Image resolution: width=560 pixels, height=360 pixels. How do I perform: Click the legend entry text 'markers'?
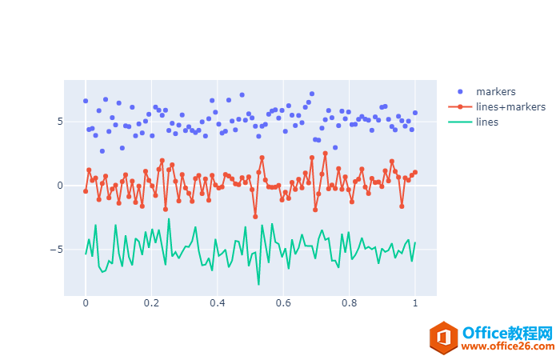[x=495, y=91]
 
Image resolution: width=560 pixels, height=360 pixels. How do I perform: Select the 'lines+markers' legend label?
[x=510, y=106]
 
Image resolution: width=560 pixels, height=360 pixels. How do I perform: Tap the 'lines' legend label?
[x=487, y=122]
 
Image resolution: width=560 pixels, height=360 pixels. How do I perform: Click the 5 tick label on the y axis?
[x=59, y=122]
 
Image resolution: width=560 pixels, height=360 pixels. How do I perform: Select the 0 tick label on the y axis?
[x=59, y=186]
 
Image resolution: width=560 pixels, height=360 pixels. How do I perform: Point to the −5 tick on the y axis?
[x=56, y=250]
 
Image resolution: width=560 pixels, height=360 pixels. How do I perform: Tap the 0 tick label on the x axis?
[x=86, y=304]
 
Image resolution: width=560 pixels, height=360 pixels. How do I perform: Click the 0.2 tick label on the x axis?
[x=151, y=304]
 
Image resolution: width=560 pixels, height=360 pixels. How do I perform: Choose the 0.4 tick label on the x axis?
[x=217, y=304]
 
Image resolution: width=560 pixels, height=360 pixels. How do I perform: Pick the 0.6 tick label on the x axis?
[x=283, y=304]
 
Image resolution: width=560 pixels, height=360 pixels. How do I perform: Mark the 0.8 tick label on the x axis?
[x=349, y=304]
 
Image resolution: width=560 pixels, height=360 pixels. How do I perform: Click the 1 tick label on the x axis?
[x=414, y=304]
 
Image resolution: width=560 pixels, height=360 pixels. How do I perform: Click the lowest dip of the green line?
[x=258, y=284]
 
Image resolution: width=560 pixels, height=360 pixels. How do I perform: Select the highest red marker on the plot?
[x=326, y=154]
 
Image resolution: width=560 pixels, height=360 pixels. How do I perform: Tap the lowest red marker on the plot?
[x=255, y=217]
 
